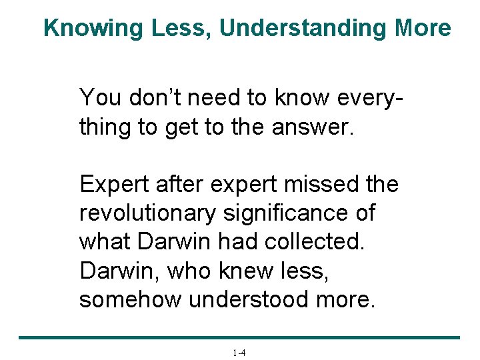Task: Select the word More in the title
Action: (423, 28)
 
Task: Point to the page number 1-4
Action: (239, 353)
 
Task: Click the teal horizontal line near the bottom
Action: (239, 338)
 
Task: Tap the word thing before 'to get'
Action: (105, 126)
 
